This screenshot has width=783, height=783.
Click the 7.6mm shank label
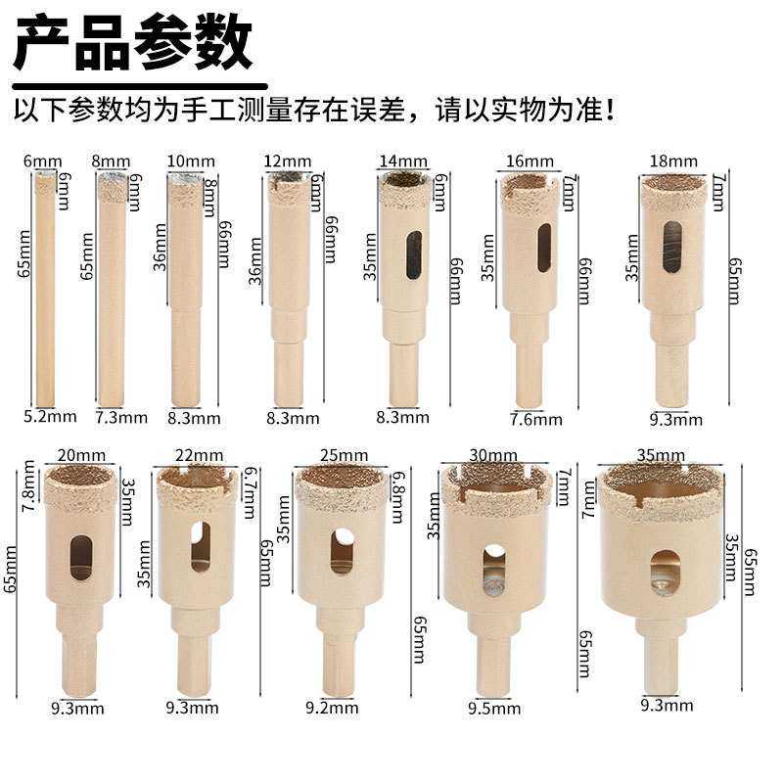536,419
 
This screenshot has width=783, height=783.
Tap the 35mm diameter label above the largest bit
661,455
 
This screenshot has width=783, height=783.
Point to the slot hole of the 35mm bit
665,571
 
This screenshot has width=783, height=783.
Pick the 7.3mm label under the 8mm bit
122,418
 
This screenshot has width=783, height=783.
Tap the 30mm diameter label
492,455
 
